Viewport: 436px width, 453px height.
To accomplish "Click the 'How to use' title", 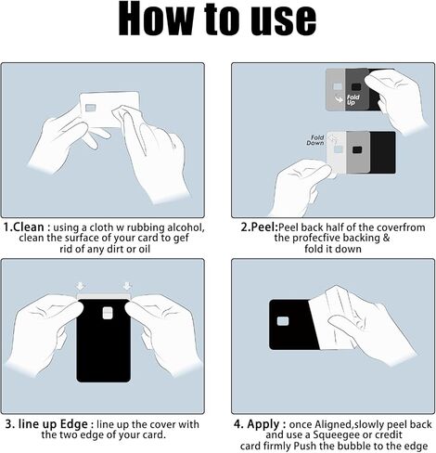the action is (x=217, y=20).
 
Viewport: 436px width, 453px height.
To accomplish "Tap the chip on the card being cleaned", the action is (x=91, y=108).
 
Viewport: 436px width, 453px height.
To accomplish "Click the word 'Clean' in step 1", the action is (x=29, y=226).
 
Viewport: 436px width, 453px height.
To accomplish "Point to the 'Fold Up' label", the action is (x=353, y=99).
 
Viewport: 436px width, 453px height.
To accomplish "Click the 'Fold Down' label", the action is (x=315, y=140).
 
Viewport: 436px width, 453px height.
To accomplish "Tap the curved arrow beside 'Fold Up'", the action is (x=340, y=98).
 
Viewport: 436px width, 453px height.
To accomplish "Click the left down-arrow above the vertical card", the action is (x=81, y=286).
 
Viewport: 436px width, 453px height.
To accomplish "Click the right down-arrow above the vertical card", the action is (x=127, y=286).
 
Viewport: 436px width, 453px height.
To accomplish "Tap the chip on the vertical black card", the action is (x=107, y=313).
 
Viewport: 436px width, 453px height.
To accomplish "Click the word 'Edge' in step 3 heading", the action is (x=73, y=424).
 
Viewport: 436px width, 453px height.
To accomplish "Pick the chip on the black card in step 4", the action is (x=283, y=321).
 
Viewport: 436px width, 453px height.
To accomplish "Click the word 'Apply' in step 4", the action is (x=263, y=424).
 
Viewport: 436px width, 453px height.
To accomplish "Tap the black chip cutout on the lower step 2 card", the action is (x=357, y=149).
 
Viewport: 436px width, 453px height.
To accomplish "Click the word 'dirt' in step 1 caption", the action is (x=116, y=249).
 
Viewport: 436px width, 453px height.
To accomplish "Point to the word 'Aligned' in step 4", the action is (x=333, y=424).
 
